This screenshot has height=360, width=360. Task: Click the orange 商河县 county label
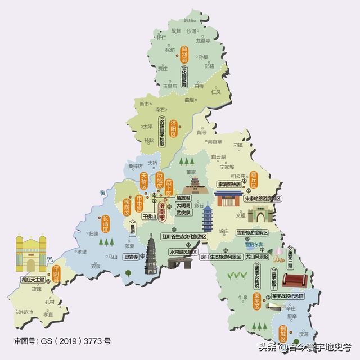(185, 57)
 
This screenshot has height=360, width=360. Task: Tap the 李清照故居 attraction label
(229, 184)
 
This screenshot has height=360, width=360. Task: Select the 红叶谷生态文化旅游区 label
(184, 237)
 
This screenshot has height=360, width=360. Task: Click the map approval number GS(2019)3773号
(62, 341)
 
